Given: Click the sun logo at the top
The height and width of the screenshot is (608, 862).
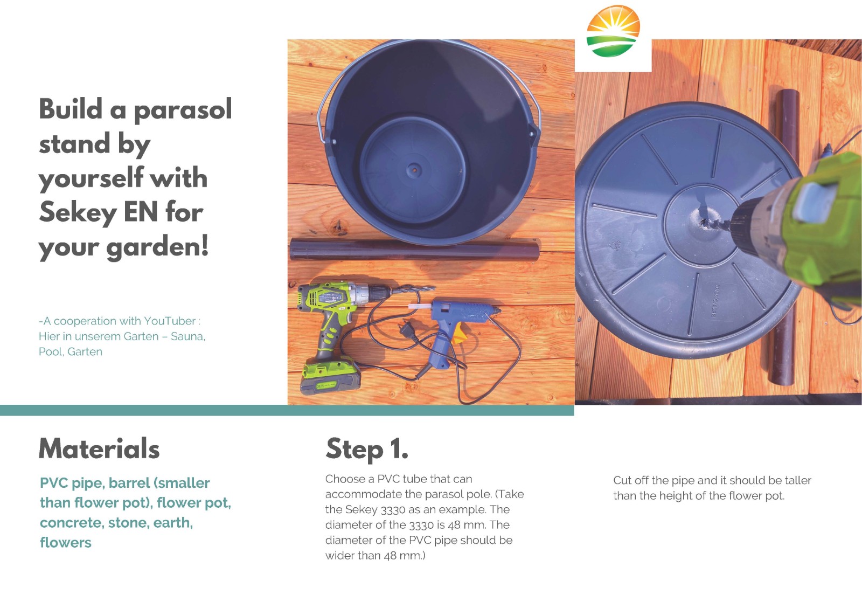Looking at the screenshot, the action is coord(613,31).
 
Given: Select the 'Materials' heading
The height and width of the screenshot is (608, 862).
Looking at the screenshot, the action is coord(99,448).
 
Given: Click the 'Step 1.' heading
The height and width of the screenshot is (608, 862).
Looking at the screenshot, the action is coord(367,450).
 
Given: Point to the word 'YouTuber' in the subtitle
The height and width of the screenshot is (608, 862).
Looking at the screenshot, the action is coord(170,321).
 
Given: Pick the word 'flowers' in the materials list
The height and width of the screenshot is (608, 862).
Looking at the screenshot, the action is coord(66,543).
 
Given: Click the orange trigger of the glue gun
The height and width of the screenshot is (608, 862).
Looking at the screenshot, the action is coord(458,334).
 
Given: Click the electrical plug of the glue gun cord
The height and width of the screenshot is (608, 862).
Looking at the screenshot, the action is coord(408,330).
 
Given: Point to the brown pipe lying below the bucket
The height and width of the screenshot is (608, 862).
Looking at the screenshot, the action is coord(415,250).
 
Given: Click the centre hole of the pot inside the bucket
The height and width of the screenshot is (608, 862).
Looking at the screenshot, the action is coord(414,169).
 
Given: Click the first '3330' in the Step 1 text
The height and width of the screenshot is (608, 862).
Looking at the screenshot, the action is coord(393,510).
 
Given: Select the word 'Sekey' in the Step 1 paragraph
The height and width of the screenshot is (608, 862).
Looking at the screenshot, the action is coord(361,510).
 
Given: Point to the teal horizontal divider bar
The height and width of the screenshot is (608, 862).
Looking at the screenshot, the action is coord(287,411).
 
